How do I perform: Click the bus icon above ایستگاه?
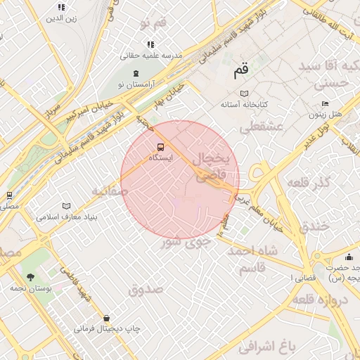tap(161, 147)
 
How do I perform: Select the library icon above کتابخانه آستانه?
tap(244, 94)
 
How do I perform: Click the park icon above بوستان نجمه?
tap(30, 276)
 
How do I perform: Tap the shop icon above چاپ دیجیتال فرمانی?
tap(106, 318)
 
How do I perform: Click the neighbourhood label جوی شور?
tap(186, 242)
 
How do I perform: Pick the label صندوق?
tap(146, 289)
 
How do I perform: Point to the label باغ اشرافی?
tap(264, 346)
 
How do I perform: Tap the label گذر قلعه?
tap(309, 183)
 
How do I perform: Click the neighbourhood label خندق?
tap(314, 227)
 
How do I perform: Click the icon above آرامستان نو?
tap(135, 73)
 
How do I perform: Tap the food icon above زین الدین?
tap(60, 8)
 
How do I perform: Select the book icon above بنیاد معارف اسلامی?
tap(67, 206)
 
